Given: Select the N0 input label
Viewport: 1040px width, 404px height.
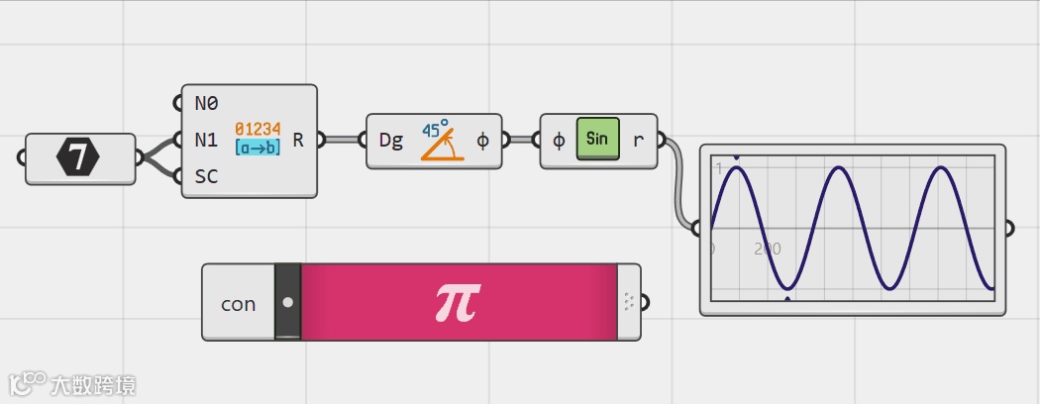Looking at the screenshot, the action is [x=206, y=103].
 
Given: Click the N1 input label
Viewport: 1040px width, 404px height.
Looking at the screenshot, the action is [x=206, y=141].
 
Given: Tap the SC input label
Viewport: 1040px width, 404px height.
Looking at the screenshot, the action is [x=206, y=178].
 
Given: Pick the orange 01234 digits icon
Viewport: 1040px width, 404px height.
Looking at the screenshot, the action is [x=258, y=129].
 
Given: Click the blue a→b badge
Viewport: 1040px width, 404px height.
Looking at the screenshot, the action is [x=258, y=148].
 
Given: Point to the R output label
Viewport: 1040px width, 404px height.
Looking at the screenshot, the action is [x=299, y=141].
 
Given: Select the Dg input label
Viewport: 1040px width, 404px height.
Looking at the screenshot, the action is [x=391, y=141].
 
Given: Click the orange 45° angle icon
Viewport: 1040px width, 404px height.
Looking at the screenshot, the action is [x=439, y=141].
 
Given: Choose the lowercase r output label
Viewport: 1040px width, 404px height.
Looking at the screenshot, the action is [x=638, y=141].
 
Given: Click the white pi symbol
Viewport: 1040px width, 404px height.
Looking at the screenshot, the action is [x=457, y=302].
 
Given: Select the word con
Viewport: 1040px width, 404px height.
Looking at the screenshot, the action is [x=238, y=304].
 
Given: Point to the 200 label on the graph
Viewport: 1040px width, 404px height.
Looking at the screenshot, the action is [x=768, y=249].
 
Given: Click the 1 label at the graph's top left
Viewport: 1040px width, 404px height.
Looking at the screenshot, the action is [x=719, y=169].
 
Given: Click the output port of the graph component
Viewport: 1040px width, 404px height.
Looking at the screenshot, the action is [x=1009, y=229].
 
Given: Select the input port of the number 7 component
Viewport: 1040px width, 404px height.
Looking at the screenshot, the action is [x=23, y=157].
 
